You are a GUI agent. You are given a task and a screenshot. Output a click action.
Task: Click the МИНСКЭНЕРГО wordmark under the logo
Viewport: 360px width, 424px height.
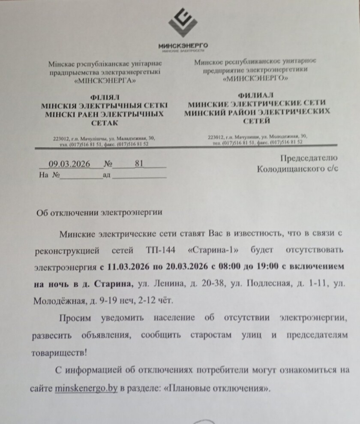(x=183, y=45)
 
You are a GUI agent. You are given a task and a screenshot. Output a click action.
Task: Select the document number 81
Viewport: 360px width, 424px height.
(x=138, y=163)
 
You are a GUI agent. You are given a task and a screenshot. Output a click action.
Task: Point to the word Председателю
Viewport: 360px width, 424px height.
(x=309, y=158)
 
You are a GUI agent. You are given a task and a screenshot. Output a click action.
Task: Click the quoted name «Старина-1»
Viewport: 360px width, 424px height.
(x=210, y=249)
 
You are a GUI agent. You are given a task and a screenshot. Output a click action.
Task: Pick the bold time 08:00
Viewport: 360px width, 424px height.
(x=228, y=267)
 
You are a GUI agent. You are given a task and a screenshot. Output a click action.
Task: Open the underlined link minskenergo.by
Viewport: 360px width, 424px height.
(x=86, y=389)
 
